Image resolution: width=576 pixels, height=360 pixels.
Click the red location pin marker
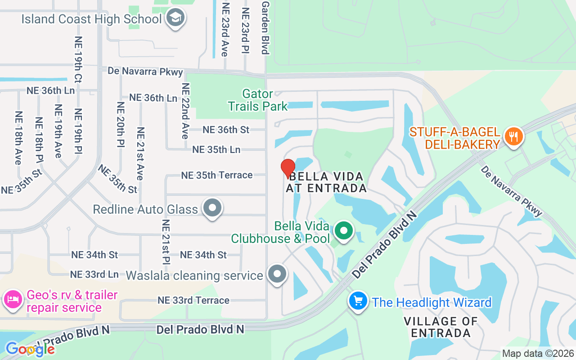(288, 168)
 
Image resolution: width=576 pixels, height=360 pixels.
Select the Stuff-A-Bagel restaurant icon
(513, 136)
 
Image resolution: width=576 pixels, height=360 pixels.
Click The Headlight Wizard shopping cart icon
(358, 301)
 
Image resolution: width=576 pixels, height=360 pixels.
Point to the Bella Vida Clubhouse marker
(344, 231)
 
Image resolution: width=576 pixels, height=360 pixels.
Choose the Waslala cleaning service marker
(277, 274)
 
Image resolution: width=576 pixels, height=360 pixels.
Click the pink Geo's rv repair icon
(13, 299)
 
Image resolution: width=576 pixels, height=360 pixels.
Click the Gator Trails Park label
(257, 100)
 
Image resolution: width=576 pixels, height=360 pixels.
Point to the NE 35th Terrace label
(216, 175)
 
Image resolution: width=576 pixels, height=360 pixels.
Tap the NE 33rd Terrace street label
(193, 300)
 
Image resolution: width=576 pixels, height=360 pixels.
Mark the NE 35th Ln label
(216, 149)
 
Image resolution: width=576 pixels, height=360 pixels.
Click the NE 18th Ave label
(18, 138)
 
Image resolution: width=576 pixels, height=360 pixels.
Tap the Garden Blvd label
(265, 27)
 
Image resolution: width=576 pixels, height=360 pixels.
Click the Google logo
(30, 349)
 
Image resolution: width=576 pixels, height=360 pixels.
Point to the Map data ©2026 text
(538, 353)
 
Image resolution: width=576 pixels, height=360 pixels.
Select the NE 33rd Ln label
(94, 274)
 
